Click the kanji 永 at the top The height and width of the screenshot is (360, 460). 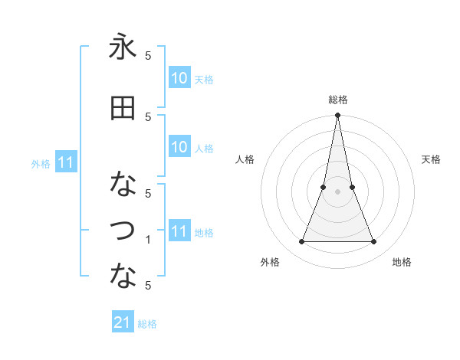pos(123,47)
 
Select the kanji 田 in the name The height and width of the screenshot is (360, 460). pos(123,108)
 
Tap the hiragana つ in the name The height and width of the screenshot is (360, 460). pos(123,229)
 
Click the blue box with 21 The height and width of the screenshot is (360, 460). pos(123,323)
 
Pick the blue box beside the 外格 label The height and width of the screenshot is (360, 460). pos(66,162)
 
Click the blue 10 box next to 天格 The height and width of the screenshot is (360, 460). pos(179,78)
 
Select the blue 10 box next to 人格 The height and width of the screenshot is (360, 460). pos(179,148)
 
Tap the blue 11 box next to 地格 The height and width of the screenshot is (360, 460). pos(179,232)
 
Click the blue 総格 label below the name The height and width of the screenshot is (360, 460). pos(147,324)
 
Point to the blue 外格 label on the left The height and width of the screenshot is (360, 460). pos(41,163)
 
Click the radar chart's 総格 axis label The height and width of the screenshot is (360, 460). pos(337,100)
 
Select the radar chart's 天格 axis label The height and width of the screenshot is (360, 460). pos(431,159)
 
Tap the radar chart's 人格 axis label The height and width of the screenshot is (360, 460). pos(245,159)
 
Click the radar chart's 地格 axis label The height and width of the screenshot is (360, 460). pos(402,262)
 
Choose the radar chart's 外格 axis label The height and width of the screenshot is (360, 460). pos(270,262)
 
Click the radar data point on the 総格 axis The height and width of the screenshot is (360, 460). pos(337,116)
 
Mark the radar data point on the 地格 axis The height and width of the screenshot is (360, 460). pos(374,242)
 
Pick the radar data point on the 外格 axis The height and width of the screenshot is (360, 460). pos(301,242)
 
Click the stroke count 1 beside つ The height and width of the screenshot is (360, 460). pos(149,240)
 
